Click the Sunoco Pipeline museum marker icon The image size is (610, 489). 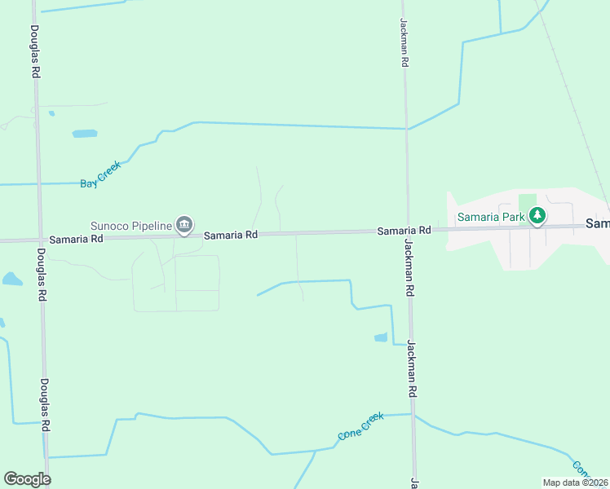click(x=184, y=225)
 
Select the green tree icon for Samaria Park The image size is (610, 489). click(x=537, y=217)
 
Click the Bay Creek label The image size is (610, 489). click(x=100, y=175)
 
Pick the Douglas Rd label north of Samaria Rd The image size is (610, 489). click(x=35, y=51)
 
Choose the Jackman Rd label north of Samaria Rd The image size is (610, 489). click(x=404, y=42)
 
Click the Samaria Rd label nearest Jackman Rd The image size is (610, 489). click(x=404, y=231)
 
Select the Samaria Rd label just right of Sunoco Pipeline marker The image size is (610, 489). click(x=231, y=235)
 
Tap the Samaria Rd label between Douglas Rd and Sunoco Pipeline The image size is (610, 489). click(x=76, y=239)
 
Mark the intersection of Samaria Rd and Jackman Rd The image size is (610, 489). click(x=409, y=231)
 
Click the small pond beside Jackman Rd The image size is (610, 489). click(x=381, y=337)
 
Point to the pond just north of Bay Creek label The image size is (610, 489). click(x=84, y=133)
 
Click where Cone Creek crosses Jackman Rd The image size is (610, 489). click(x=413, y=415)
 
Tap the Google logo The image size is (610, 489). click(x=27, y=479)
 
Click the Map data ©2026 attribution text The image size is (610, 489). click(x=574, y=482)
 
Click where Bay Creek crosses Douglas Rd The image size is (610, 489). click(x=38, y=183)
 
